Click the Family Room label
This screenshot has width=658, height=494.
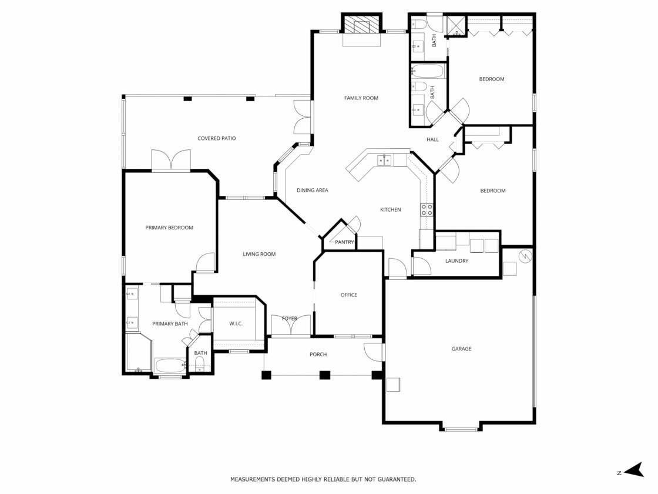click(361, 98)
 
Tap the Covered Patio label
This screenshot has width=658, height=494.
click(217, 139)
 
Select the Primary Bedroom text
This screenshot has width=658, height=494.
click(169, 228)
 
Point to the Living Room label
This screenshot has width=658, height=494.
click(259, 254)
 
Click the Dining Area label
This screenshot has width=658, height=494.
click(312, 191)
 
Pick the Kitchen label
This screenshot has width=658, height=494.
click(390, 209)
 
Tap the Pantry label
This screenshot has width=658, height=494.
click(344, 242)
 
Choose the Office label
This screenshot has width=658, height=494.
click(349, 295)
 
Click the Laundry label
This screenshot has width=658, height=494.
click(456, 261)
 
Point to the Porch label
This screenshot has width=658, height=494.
click(318, 355)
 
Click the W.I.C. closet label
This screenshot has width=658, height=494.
click(236, 324)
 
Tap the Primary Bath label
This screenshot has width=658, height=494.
click(170, 324)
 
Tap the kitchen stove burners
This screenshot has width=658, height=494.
click(427, 209)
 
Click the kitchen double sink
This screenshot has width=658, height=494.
click(384, 161)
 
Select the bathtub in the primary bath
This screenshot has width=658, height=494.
click(170, 365)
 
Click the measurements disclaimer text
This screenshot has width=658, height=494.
click(323, 479)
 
